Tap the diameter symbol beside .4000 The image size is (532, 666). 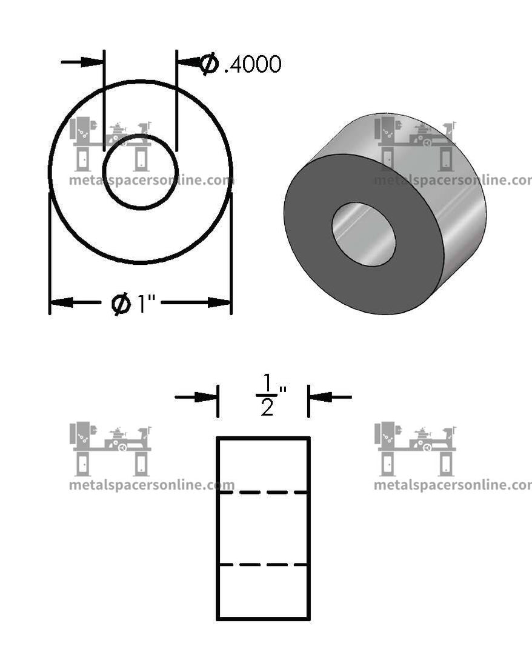(x=210, y=64)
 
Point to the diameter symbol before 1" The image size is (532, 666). (x=121, y=303)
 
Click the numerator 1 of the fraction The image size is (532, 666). (x=267, y=383)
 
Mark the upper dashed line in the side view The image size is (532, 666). (x=263, y=493)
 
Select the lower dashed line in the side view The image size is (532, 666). (x=263, y=565)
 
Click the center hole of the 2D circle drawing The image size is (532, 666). (x=140, y=172)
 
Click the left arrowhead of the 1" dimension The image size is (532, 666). (x=61, y=302)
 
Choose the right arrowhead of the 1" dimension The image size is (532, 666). (x=219, y=302)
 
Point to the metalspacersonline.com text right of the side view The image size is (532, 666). (x=452, y=485)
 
